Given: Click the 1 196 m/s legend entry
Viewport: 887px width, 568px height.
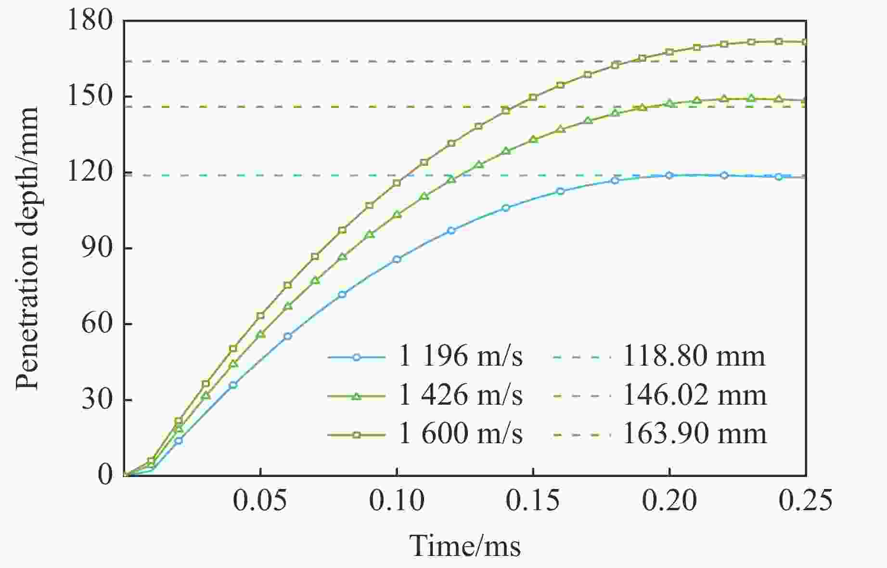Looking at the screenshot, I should [x=460, y=357].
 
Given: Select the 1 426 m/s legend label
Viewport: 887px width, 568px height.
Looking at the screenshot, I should [x=460, y=396].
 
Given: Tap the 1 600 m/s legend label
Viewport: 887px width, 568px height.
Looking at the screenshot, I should [x=460, y=434].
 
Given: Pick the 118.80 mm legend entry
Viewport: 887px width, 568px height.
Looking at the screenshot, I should [x=694, y=357].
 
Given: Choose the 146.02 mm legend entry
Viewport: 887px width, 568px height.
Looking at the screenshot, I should [x=694, y=396].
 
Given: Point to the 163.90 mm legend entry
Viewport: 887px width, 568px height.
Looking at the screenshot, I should [x=694, y=434].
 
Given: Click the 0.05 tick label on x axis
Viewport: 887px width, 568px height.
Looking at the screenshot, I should [x=260, y=501].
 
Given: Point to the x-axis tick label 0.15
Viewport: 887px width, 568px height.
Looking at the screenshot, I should [x=533, y=501].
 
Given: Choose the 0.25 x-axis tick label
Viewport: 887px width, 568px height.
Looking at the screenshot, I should [x=805, y=501].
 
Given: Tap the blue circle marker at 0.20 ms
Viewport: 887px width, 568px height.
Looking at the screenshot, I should [x=669, y=175].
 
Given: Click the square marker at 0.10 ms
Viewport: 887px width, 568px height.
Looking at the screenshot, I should [x=397, y=183].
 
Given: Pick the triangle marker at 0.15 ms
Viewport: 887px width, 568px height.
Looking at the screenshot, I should [x=533, y=140].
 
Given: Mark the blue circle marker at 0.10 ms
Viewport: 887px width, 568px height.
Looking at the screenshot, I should [x=397, y=259].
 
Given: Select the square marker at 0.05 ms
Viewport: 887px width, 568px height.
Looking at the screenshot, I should [x=260, y=316].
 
